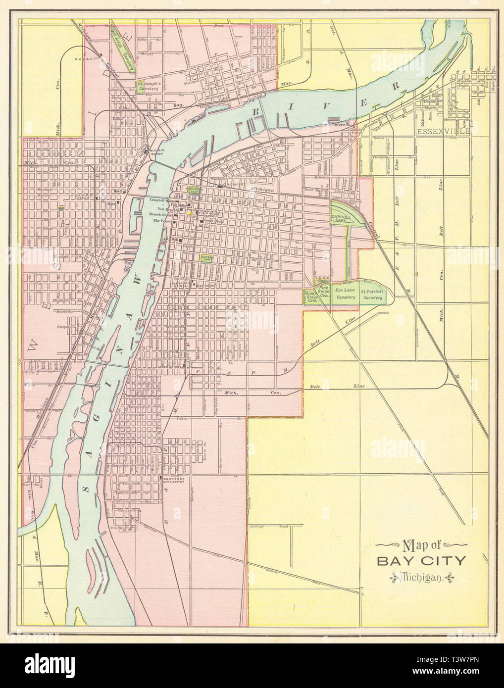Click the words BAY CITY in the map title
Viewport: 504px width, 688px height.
point(421,561)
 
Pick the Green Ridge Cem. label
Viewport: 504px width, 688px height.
point(311,296)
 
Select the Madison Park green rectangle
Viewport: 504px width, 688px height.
point(206,258)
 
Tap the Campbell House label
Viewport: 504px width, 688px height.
point(159,199)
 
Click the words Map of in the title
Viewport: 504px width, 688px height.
point(420,546)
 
